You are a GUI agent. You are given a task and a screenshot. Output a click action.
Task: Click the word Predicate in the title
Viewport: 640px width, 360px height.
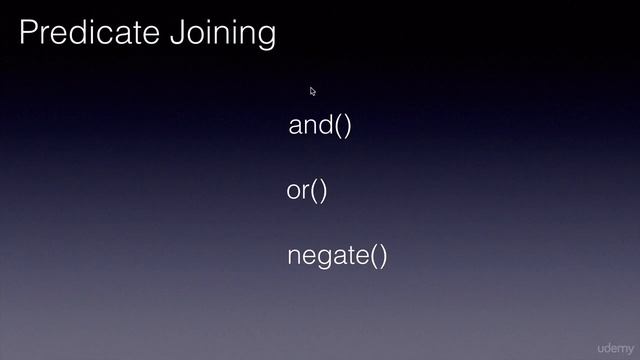tap(87, 33)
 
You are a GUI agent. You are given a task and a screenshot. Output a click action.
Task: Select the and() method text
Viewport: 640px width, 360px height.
tap(320, 126)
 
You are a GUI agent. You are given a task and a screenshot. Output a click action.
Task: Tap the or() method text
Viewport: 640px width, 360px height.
tap(307, 190)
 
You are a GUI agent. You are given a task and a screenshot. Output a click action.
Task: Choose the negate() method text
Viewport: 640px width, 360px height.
tap(337, 256)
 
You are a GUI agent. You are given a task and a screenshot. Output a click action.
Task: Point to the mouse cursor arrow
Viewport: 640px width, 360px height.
tap(312, 91)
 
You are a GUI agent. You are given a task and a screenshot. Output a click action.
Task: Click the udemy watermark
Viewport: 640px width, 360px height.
tap(615, 346)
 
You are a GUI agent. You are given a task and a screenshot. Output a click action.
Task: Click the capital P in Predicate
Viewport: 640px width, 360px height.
tap(28, 33)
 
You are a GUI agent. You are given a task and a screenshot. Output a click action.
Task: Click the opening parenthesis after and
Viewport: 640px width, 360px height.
tap(337, 127)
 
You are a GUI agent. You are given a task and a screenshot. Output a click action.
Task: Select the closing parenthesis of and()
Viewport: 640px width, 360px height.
tap(347, 127)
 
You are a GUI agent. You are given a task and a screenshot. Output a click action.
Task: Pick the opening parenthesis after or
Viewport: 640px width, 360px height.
tap(313, 191)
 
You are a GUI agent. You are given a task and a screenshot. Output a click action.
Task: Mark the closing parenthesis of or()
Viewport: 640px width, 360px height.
tap(323, 191)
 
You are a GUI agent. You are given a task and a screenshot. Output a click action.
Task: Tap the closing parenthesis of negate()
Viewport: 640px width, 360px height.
tap(382, 257)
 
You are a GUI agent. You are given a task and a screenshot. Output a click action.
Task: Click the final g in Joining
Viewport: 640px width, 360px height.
tap(265, 36)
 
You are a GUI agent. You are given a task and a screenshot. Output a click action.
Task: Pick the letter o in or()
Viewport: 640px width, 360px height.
tap(294, 191)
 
